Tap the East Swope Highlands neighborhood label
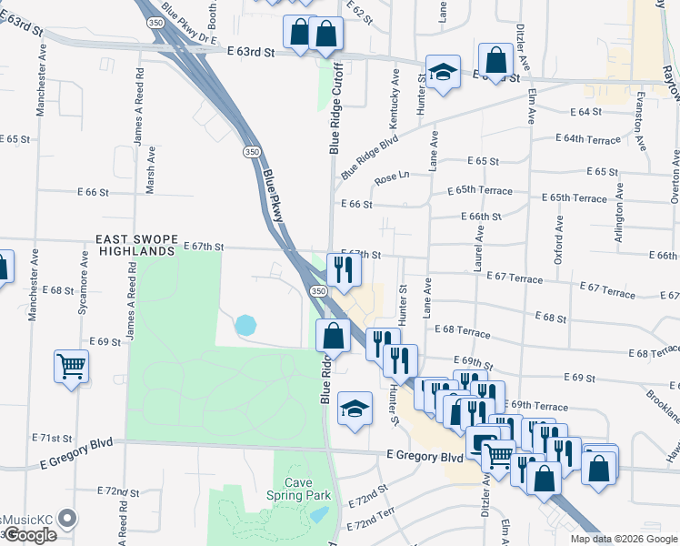(135, 245)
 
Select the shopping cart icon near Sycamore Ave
(71, 367)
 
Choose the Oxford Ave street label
(559, 239)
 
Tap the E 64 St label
(586, 112)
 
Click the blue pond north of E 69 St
(245, 324)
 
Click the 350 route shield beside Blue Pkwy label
(250, 152)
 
